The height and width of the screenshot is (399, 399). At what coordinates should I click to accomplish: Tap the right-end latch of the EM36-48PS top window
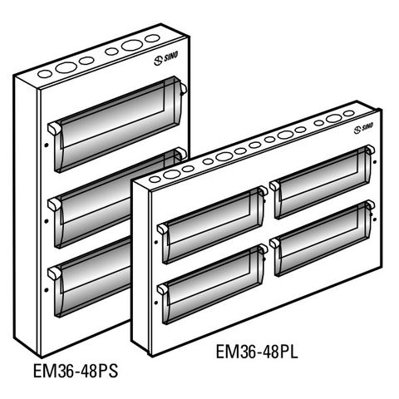tap(180, 84)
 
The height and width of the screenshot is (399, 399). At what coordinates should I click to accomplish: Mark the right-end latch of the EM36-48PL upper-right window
tap(367, 152)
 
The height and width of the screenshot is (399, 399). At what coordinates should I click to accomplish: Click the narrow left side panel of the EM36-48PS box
tap(27, 216)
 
